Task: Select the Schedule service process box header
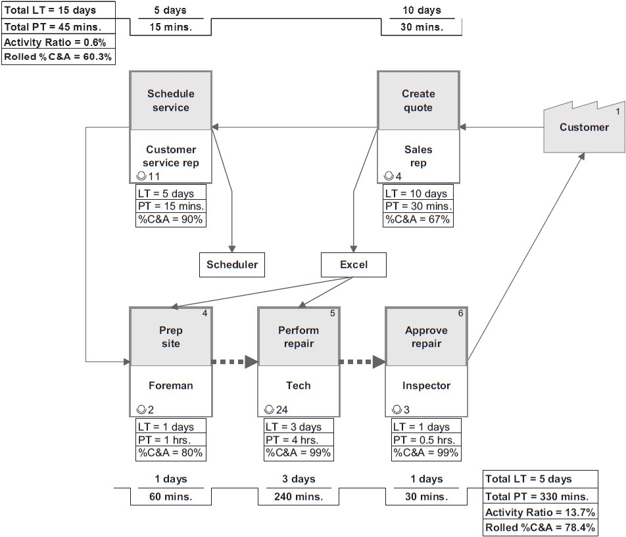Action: point(171,101)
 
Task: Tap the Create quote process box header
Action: point(418,101)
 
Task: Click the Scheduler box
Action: point(232,265)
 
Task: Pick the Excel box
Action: point(354,265)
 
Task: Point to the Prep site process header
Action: point(171,337)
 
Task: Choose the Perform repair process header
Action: point(299,337)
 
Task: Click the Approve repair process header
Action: point(426,337)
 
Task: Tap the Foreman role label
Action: point(171,386)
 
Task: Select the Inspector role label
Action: point(426,386)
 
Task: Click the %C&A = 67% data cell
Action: point(418,220)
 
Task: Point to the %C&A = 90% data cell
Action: point(171,220)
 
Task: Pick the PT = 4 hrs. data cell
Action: point(298,440)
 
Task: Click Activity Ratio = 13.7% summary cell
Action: point(541,512)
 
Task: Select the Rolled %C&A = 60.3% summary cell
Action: point(58,57)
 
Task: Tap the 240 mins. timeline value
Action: point(299,497)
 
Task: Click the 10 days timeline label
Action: point(421,11)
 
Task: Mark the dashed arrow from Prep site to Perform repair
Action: point(234,361)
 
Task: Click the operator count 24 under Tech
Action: point(281,409)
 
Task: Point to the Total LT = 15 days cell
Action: point(58,10)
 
